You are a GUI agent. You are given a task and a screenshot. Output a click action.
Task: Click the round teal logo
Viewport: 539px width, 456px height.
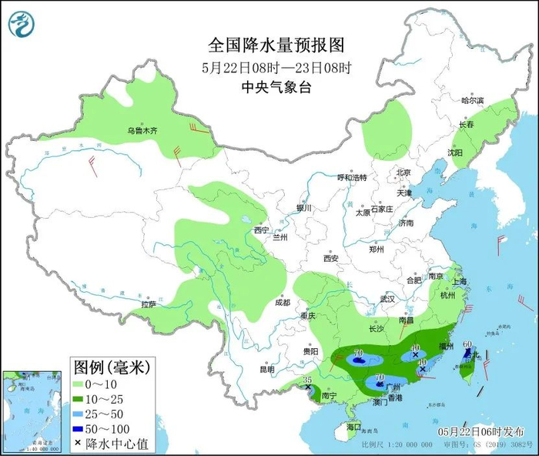pyautogui.click(x=22, y=24)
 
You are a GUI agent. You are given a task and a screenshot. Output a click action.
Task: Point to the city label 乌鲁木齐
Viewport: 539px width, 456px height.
pyautogui.click(x=142, y=132)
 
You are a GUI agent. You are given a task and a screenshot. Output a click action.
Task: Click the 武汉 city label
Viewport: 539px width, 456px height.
pyautogui.click(x=387, y=298)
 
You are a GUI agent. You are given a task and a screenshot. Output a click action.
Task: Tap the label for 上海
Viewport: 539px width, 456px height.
pyautogui.click(x=460, y=282)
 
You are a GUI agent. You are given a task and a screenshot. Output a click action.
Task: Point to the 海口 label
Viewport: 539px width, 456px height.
pyautogui.click(x=353, y=426)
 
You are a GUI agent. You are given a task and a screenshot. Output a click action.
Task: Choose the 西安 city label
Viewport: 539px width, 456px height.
pyautogui.click(x=331, y=259)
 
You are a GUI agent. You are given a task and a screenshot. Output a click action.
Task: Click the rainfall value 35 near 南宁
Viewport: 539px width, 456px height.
pyautogui.click(x=306, y=380)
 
